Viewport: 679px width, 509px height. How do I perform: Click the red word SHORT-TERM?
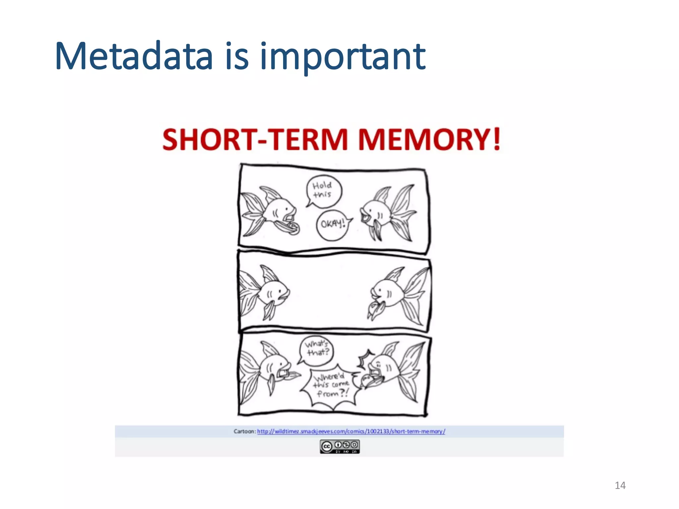pos(255,140)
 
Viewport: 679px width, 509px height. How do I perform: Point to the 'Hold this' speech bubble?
pos(323,191)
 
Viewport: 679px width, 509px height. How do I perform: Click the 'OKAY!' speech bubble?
pos(333,225)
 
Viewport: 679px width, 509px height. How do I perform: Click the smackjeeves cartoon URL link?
pos(351,431)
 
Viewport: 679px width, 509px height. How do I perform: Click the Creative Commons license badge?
pos(339,446)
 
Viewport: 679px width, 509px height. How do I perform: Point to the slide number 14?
pos(620,485)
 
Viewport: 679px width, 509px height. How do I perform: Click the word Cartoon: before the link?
pos(245,431)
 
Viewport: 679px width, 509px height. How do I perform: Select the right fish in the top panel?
pos(388,212)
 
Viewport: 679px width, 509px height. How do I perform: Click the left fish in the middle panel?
pos(265,292)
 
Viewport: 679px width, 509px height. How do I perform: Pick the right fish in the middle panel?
pos(398,293)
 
